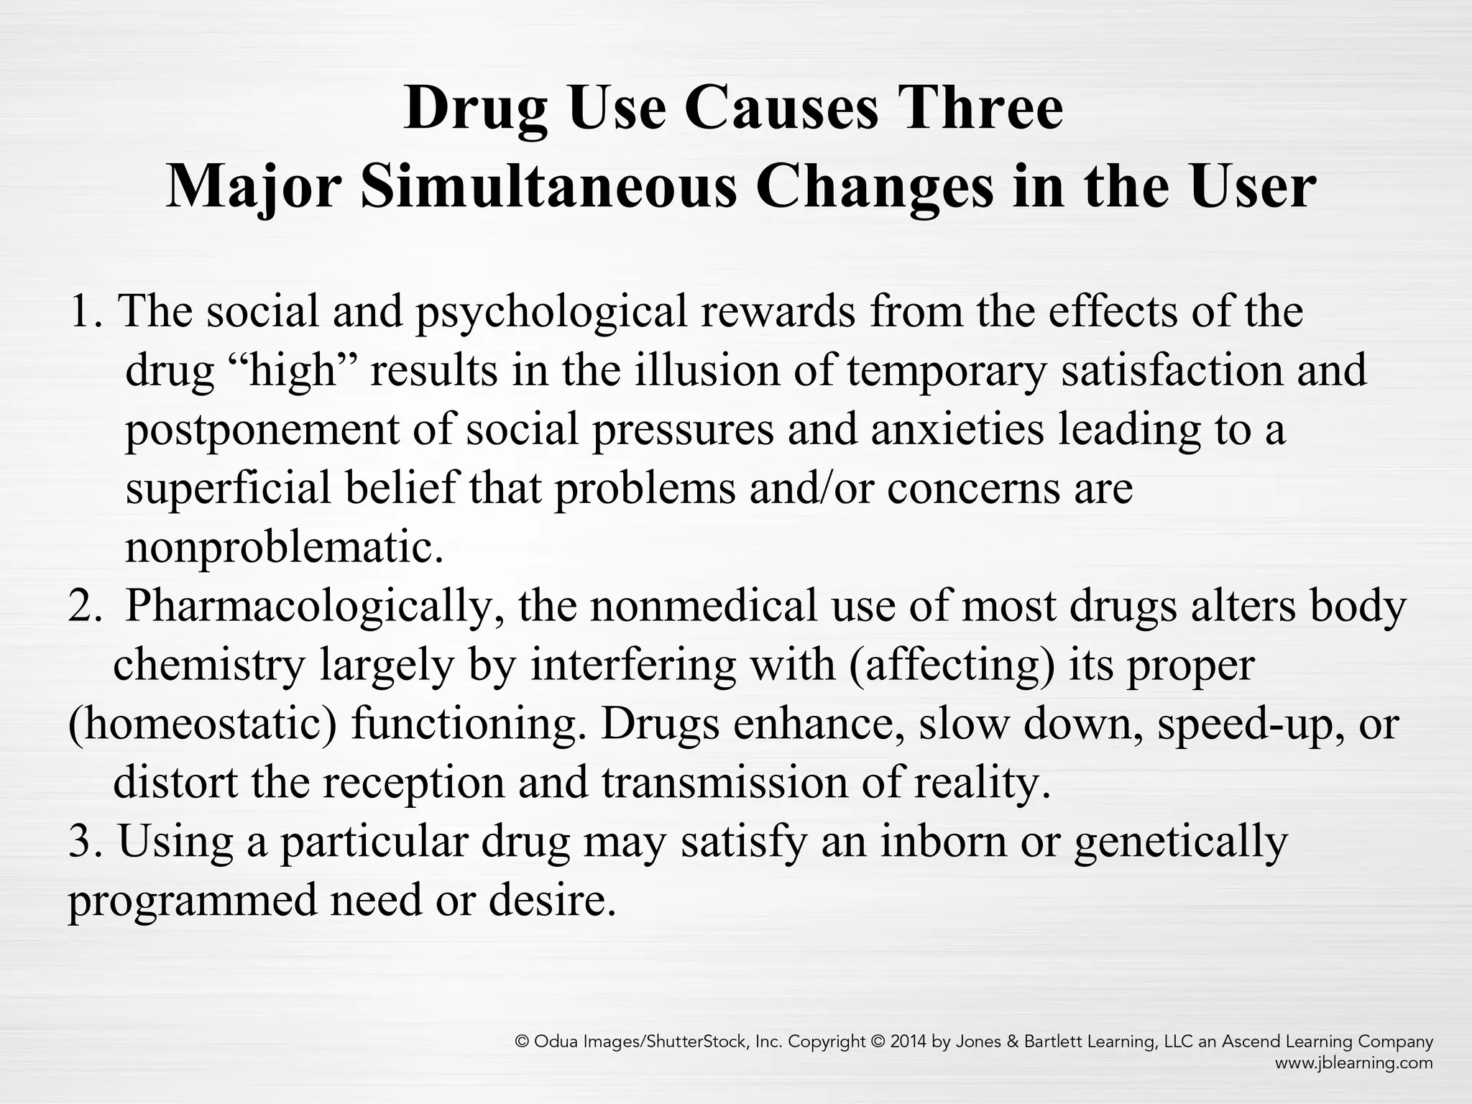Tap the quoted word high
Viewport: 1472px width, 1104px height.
click(x=293, y=372)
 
